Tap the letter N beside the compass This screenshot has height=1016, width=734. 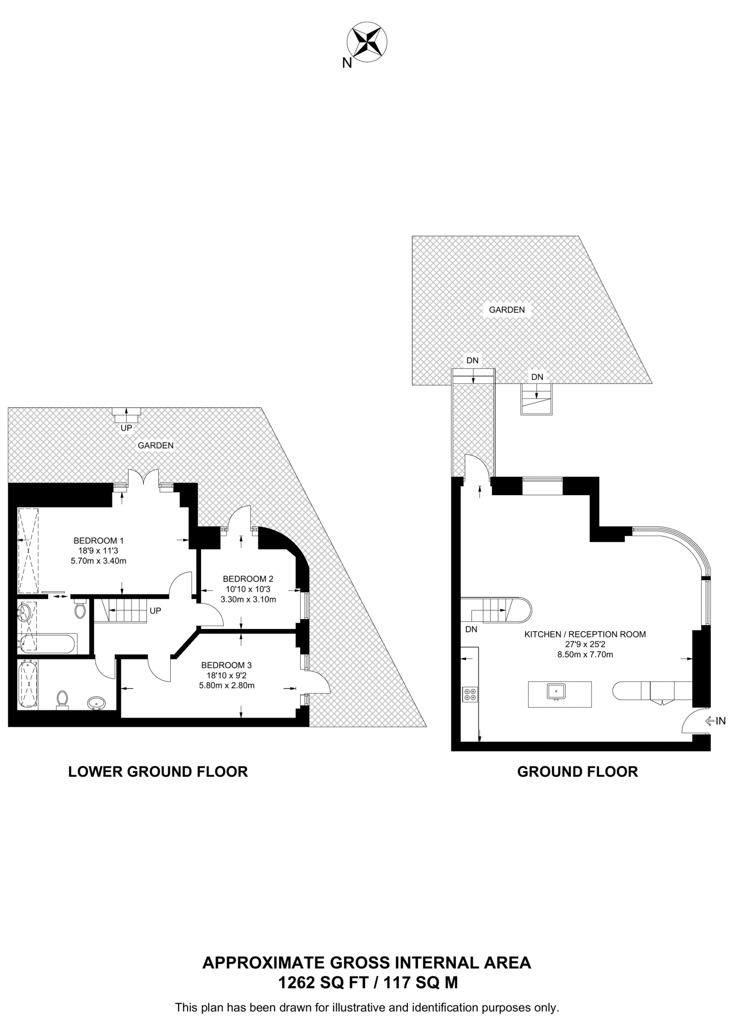(x=347, y=63)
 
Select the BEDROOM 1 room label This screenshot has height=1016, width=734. (x=98, y=541)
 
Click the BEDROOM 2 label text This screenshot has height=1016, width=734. (x=248, y=579)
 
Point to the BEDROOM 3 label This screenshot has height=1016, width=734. (x=226, y=665)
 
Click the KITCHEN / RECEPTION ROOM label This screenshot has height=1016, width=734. (x=585, y=634)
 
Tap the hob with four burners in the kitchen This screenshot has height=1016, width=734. (x=470, y=694)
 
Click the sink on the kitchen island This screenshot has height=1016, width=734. (x=556, y=691)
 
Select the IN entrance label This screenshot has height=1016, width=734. (x=721, y=721)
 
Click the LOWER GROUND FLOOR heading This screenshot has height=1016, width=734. (x=158, y=772)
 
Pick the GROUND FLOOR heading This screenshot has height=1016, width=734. (x=578, y=772)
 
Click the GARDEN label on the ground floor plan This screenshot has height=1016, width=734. (x=507, y=310)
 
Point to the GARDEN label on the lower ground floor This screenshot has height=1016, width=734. (x=156, y=445)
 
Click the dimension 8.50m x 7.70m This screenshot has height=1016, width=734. (x=585, y=654)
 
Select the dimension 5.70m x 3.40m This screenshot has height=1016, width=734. (x=98, y=561)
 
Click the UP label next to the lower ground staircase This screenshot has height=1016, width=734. (x=155, y=611)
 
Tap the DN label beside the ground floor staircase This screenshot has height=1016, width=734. (x=471, y=630)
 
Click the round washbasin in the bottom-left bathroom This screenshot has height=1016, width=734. (x=96, y=703)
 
